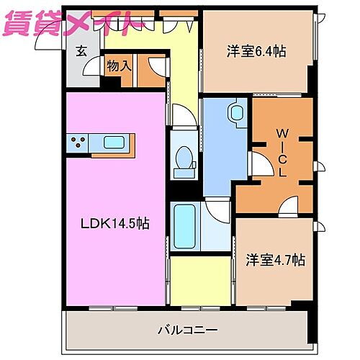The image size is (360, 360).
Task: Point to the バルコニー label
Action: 187,330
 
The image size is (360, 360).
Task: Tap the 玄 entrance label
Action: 82,52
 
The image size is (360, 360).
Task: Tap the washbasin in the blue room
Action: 236,113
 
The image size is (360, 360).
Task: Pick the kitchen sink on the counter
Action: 114,142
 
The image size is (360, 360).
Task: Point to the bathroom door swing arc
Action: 214,210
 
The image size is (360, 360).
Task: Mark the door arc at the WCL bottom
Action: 289,206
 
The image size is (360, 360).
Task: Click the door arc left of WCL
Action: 256,163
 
